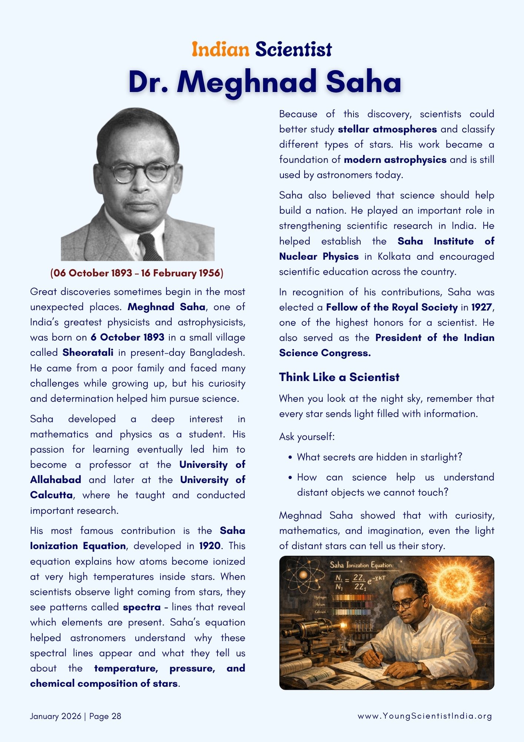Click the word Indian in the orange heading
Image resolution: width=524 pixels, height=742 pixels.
coord(220,50)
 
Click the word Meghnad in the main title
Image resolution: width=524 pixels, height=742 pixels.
coord(246,82)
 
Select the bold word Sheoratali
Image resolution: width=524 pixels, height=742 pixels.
coord(88,352)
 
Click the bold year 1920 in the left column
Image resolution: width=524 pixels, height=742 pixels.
coord(210,546)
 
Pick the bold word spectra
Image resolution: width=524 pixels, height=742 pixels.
coord(142,607)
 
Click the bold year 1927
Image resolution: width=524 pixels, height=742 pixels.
coord(481,308)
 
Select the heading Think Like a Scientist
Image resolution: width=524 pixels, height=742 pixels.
coord(339,377)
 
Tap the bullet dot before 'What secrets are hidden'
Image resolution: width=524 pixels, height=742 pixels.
coord(290,457)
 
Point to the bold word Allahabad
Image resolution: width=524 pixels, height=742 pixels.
coord(56,480)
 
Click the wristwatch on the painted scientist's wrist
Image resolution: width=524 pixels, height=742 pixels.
coord(418,667)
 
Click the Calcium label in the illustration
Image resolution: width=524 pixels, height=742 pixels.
coord(320,612)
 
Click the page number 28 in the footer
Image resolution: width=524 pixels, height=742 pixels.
coord(116,716)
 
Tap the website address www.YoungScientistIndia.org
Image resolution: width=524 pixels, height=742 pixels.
coord(424,716)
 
